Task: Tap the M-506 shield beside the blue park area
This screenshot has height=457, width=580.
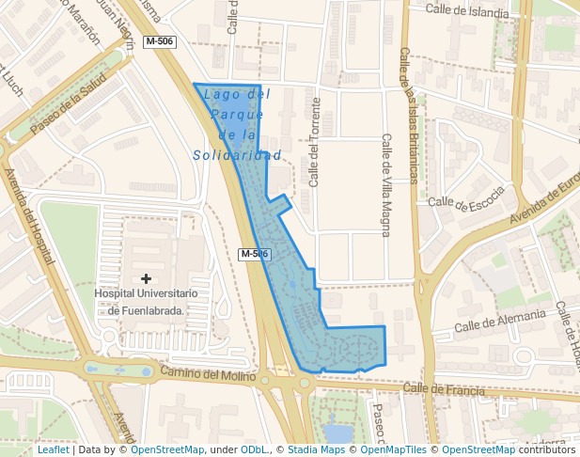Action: click(255, 254)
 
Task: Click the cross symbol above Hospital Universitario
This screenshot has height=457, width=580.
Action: click(146, 278)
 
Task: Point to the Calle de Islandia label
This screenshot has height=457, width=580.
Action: click(467, 11)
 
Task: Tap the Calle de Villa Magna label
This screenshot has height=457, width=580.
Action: click(385, 184)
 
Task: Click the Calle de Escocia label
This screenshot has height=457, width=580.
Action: click(466, 197)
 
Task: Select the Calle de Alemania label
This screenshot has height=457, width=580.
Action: click(499, 320)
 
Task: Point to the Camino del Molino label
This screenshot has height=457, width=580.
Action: click(207, 374)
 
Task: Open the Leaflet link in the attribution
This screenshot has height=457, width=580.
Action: click(53, 449)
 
